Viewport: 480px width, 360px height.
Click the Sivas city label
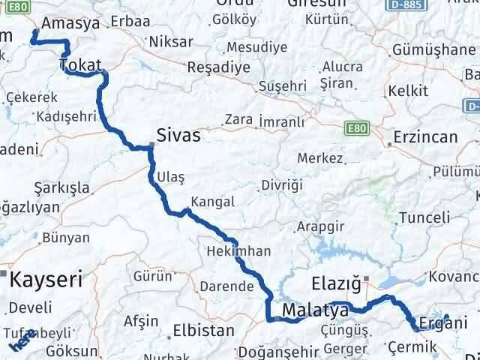[x=178, y=136]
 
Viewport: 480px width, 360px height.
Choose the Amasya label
[x=71, y=24]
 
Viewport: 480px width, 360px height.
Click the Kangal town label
[x=213, y=202]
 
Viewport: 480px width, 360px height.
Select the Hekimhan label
[x=238, y=251]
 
